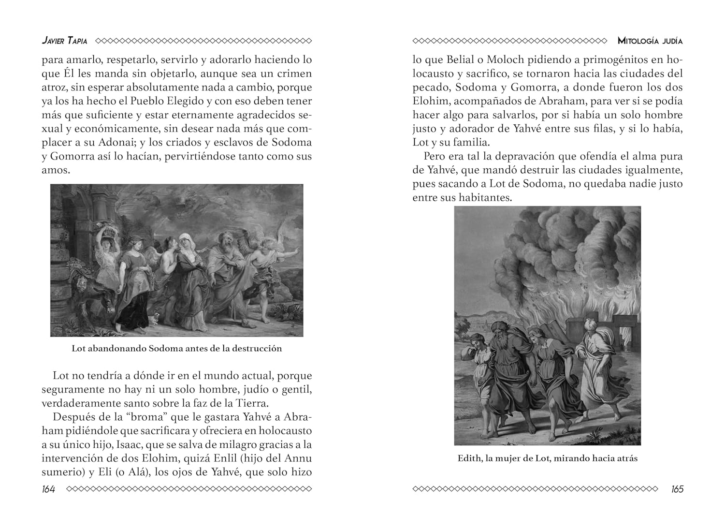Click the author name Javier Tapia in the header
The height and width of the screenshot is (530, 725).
click(64, 41)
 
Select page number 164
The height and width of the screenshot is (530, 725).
click(48, 489)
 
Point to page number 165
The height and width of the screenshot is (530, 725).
click(677, 489)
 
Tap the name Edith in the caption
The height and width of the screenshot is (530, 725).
click(470, 458)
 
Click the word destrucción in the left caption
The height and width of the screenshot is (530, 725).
click(257, 348)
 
